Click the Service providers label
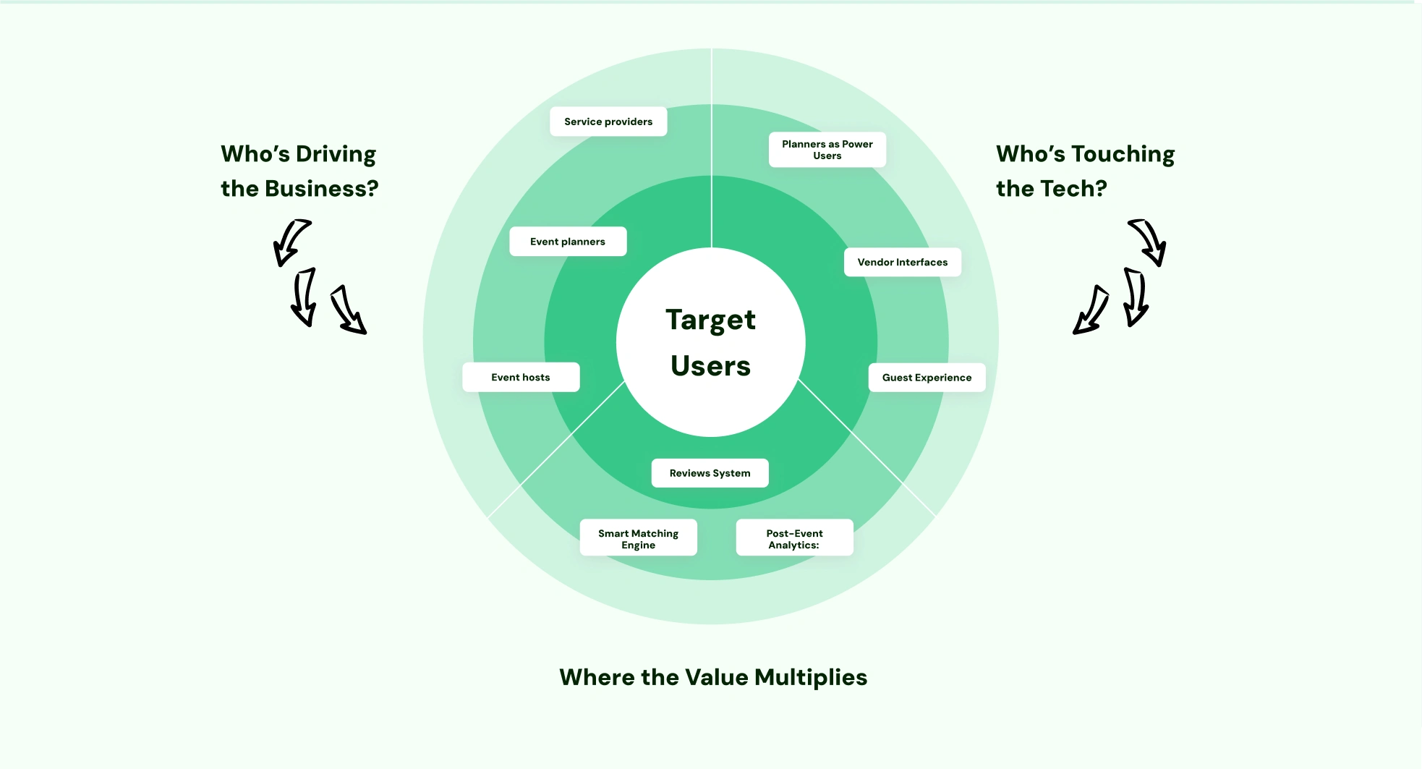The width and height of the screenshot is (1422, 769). tap(608, 122)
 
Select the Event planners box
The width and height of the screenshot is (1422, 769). tap(568, 242)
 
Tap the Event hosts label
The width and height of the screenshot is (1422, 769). tap(521, 377)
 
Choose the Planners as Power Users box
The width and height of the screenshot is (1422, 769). tap(827, 150)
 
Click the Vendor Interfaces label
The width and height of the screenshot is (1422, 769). tap(902, 262)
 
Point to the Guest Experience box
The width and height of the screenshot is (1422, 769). tap(927, 378)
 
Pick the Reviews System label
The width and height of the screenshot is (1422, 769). tap(710, 473)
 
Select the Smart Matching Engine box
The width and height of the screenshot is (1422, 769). tap(638, 539)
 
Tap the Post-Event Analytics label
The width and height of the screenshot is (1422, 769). tap(794, 539)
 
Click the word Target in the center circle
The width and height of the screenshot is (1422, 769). tap(710, 320)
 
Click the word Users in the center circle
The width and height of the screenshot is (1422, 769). tap(710, 366)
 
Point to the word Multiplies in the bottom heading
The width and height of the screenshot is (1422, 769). tap(811, 677)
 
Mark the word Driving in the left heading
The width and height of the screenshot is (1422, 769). tap(336, 154)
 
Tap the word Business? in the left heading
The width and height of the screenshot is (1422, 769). tap(321, 189)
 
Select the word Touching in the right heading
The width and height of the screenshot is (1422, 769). tap(1123, 154)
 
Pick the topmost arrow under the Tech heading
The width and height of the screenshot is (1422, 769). tap(1149, 242)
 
